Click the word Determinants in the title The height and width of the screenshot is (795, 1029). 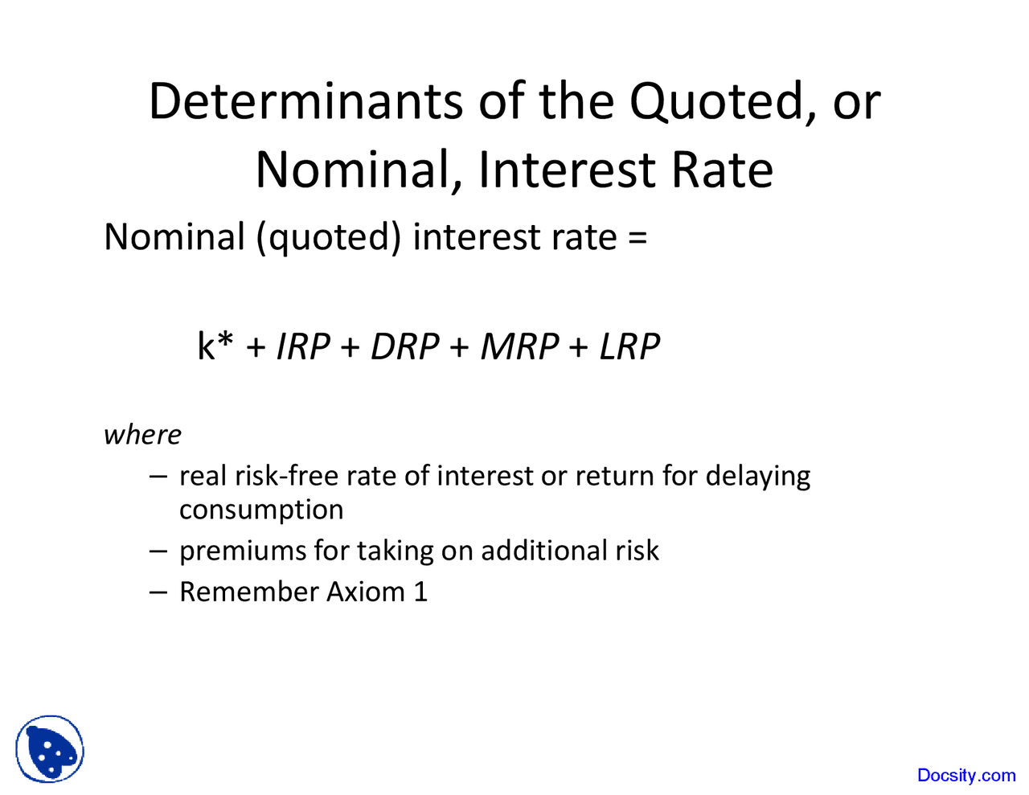tap(306, 102)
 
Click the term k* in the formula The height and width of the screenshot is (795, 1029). tap(215, 346)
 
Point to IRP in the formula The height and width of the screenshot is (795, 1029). tap(303, 346)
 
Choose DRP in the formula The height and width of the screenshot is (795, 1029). tap(404, 346)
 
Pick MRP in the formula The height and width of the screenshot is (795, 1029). tap(519, 346)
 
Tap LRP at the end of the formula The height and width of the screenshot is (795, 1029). tap(629, 346)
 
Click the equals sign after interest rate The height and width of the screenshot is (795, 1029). tap(637, 238)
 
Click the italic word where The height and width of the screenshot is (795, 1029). tap(142, 435)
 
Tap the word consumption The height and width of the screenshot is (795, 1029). tap(261, 510)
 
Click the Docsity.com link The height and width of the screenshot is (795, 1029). tap(965, 775)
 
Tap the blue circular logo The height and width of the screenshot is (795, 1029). tap(50, 748)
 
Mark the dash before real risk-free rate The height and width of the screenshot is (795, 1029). tap(158, 476)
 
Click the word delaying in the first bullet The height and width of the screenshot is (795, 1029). tap(757, 476)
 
